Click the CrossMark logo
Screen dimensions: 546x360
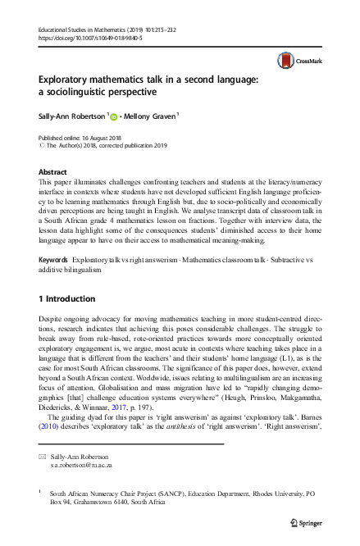[x=297, y=60]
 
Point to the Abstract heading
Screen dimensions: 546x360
[x=53, y=171]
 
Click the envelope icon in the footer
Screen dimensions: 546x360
[x=43, y=454]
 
